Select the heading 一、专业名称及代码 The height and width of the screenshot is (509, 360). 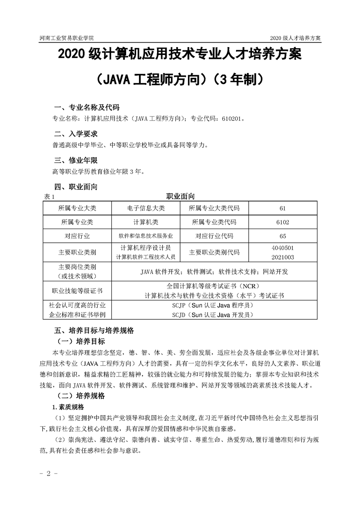pos(86,108)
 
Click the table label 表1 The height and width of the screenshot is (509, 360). pos(48,196)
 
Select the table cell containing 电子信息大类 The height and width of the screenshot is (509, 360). pos(146,208)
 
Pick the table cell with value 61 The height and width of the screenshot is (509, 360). pos(282,208)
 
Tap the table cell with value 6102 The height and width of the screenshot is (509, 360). pos(282,222)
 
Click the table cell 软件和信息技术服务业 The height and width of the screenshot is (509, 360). pos(146,236)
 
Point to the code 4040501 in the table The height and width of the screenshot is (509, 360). pos(282,248)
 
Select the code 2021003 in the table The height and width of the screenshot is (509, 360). pos(282,257)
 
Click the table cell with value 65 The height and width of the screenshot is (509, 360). pos(282,236)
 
